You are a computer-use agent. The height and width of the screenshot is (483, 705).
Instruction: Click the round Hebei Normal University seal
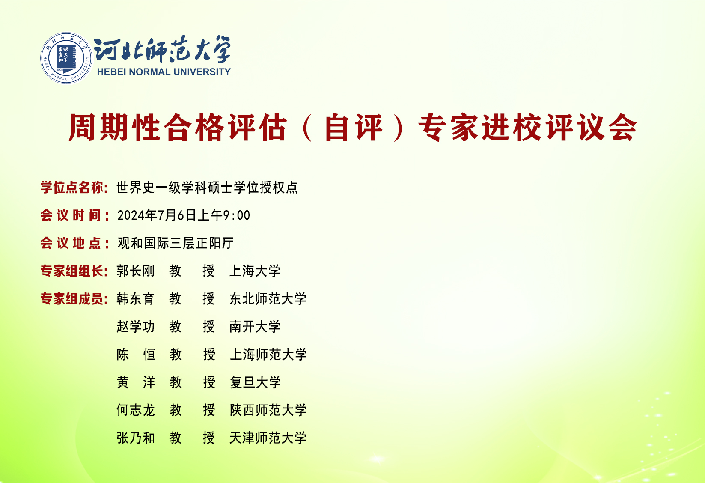tap(66, 58)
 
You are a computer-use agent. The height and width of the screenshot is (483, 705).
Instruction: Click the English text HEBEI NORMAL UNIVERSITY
tap(164, 72)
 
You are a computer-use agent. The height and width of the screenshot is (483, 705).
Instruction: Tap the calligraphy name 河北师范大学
tap(162, 49)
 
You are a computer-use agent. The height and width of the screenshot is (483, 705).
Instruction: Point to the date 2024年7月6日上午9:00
tap(184, 215)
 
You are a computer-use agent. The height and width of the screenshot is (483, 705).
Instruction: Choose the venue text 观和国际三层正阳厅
tap(176, 243)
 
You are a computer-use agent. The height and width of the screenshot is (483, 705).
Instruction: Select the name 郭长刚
tap(136, 271)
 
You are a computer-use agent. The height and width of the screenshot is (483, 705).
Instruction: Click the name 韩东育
tap(136, 299)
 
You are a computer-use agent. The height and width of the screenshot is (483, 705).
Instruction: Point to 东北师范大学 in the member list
tap(268, 299)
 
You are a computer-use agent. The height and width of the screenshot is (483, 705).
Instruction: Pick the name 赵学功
tap(136, 327)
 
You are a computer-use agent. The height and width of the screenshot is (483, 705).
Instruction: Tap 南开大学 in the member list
tap(255, 327)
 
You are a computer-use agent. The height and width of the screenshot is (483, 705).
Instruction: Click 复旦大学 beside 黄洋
tap(255, 382)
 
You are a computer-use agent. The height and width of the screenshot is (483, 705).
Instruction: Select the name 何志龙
tap(136, 410)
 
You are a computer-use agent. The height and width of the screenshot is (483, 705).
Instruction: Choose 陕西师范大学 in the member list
tap(268, 410)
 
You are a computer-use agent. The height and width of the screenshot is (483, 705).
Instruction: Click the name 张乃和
tap(136, 438)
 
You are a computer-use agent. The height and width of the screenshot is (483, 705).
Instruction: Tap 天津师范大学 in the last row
tap(268, 438)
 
